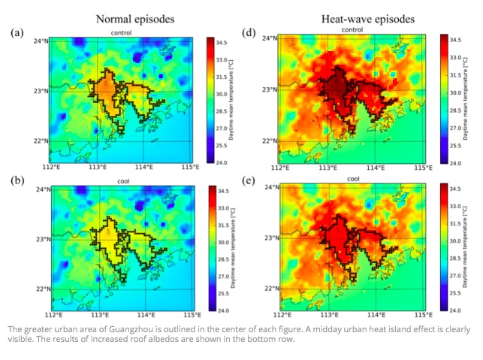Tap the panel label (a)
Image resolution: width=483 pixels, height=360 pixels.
pos(19,33)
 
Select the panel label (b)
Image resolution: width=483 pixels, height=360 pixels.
pos(19,181)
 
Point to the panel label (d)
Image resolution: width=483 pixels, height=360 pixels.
pos(249,33)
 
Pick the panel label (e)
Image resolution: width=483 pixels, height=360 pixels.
pos(249,181)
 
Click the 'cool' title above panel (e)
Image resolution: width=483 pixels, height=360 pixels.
pos(353,180)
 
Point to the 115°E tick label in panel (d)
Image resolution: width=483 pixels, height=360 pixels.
pos(425,168)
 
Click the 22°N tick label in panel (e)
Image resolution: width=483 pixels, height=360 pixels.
pos(271,289)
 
